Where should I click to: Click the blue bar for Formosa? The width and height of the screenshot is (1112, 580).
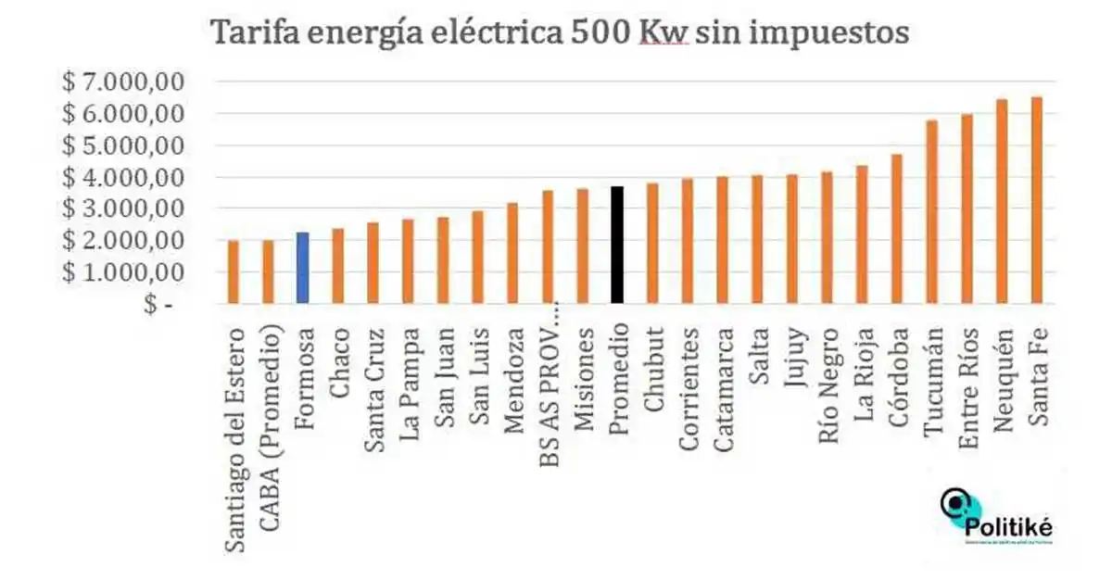(302, 268)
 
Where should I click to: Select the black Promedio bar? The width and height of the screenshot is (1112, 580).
(617, 245)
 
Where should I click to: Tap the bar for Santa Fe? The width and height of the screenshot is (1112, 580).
(1037, 200)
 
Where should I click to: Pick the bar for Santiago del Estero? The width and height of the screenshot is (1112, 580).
(234, 271)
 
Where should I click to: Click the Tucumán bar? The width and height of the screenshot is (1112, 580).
(932, 211)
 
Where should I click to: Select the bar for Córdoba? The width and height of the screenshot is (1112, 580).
(897, 229)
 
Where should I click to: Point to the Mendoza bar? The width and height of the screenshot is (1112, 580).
(512, 252)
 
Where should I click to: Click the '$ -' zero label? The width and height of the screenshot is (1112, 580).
(158, 304)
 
